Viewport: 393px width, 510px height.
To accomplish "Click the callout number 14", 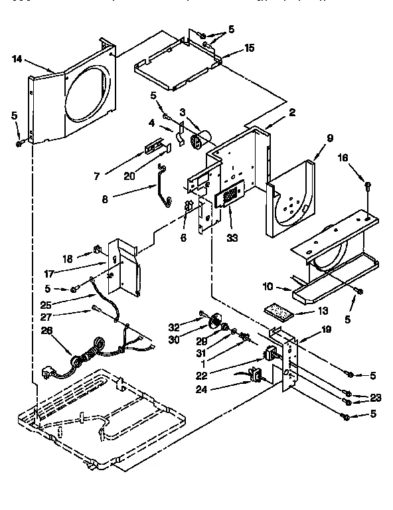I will pyautogui.click(x=17, y=60).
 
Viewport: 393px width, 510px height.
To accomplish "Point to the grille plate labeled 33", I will pyautogui.click(x=228, y=198).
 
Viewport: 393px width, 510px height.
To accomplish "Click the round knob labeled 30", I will pyautogui.click(x=214, y=323).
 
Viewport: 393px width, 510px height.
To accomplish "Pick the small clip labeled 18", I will pyautogui.click(x=98, y=251).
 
